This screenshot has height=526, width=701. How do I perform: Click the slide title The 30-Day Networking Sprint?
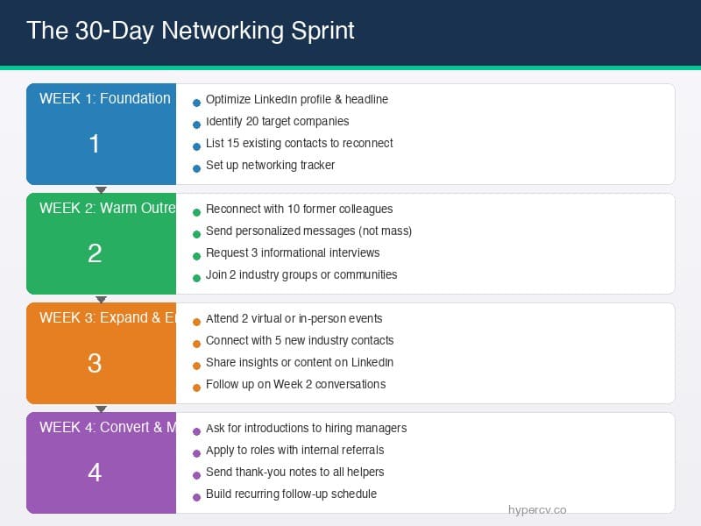pyautogui.click(x=190, y=31)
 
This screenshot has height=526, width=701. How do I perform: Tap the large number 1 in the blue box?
pyautogui.click(x=95, y=144)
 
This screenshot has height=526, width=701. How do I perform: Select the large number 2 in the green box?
pyautogui.click(x=95, y=253)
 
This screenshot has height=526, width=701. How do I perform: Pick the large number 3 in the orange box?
pyautogui.click(x=95, y=363)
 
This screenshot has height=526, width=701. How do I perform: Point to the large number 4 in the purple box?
pyautogui.click(x=95, y=473)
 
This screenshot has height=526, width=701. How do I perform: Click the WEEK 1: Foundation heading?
pyautogui.click(x=105, y=98)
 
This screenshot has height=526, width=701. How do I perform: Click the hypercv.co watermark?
pyautogui.click(x=537, y=509)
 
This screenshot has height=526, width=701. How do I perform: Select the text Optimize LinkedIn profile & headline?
pyautogui.click(x=296, y=99)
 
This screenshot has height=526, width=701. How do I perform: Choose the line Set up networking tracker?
pyautogui.click(x=270, y=165)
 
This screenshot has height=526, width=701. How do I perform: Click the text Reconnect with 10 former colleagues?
pyautogui.click(x=299, y=209)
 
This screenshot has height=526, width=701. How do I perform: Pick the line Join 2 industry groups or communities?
pyautogui.click(x=301, y=274)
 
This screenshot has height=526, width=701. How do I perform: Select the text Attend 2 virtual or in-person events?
pyautogui.click(x=294, y=318)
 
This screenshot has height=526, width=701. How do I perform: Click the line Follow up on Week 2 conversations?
pyautogui.click(x=295, y=384)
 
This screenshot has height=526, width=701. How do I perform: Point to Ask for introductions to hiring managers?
pyautogui.click(x=306, y=428)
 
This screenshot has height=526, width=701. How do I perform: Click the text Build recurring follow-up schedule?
pyautogui.click(x=291, y=494)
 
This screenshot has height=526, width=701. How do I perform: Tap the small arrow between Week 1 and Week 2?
pyautogui.click(x=101, y=189)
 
